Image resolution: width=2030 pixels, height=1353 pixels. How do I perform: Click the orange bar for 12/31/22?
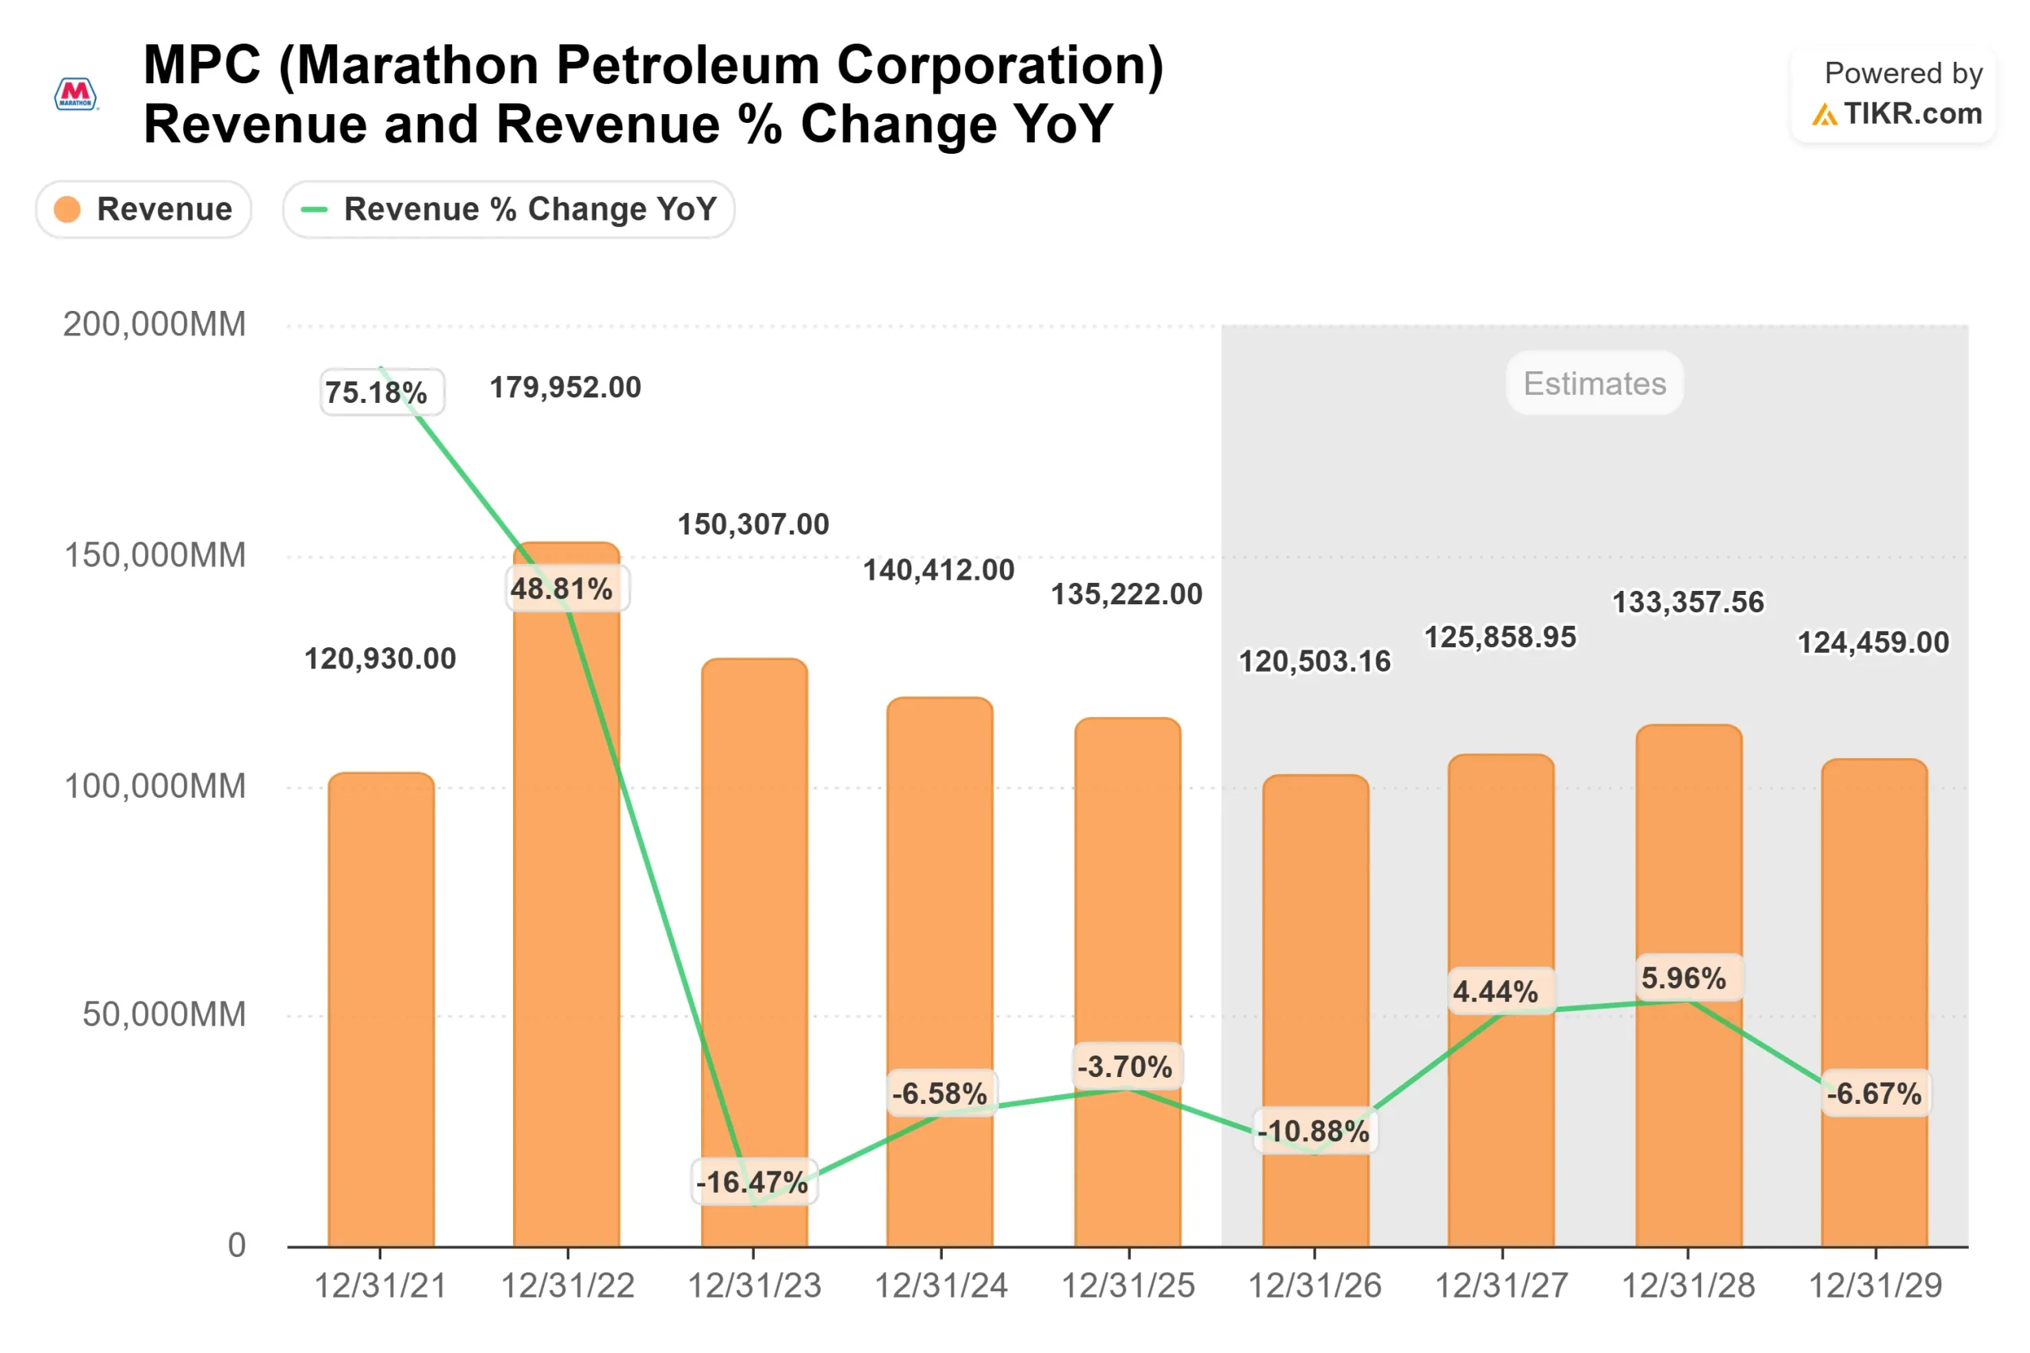click(566, 906)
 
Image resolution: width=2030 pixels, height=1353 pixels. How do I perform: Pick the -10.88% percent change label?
click(1314, 1130)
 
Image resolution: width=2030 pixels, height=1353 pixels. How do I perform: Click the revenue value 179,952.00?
click(565, 388)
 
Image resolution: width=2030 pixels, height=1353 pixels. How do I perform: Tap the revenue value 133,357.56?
click(1687, 602)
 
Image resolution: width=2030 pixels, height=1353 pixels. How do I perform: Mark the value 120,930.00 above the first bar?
click(380, 659)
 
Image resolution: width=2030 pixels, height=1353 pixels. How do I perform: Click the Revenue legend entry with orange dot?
click(144, 209)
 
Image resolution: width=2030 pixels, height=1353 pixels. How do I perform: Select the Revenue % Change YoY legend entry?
click(508, 209)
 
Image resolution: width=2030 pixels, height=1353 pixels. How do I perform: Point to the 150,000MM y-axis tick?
click(155, 555)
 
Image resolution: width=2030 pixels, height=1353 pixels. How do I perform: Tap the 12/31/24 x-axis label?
click(940, 1286)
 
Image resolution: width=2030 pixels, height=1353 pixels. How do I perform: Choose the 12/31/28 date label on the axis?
click(1687, 1286)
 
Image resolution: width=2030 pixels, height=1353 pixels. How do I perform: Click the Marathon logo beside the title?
click(76, 94)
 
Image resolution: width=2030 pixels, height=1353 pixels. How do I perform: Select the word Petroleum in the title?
click(687, 66)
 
